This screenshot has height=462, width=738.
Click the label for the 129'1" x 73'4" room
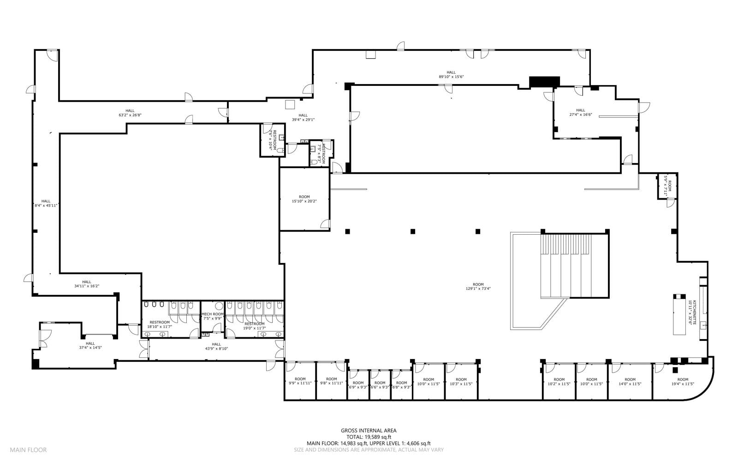pos(478,286)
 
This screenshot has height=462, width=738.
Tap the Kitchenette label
pos(690,313)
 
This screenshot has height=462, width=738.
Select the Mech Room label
pos(213,316)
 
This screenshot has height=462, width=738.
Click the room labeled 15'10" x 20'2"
pos(304,199)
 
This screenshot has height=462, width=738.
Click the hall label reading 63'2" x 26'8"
pos(130,113)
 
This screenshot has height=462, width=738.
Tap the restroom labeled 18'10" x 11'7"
pos(160,324)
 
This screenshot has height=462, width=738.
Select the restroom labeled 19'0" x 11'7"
pos(254,326)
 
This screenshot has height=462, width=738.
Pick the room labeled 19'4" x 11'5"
pos(683,382)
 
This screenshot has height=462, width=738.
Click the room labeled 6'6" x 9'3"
pos(380,385)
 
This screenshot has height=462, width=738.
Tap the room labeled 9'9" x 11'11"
pos(300,381)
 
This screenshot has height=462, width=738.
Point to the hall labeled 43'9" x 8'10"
pos(216,346)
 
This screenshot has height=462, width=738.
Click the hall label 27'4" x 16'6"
pos(580,113)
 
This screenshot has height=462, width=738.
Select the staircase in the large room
pos(574,266)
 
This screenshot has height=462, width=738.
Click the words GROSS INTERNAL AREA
pos(369,431)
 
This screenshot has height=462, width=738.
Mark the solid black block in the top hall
pos(544,82)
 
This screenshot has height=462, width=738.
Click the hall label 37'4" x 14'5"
pos(90,346)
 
